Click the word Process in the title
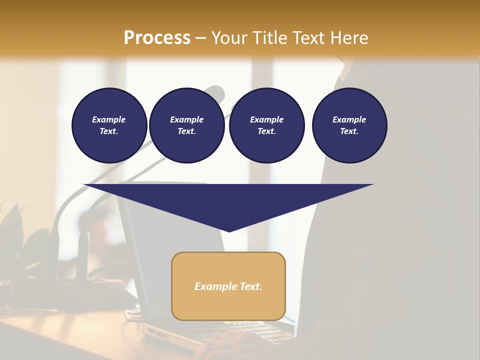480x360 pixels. click(x=157, y=38)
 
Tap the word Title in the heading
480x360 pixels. click(x=269, y=38)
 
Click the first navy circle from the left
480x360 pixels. click(x=109, y=125)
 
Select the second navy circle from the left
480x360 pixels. click(x=186, y=125)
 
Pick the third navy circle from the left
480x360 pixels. click(x=266, y=125)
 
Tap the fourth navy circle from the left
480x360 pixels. click(x=349, y=125)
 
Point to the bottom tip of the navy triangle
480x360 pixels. click(x=229, y=231)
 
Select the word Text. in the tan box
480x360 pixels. click(x=250, y=286)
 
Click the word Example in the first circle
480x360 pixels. click(x=109, y=119)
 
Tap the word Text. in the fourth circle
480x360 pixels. click(x=349, y=131)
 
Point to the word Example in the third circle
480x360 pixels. click(x=266, y=119)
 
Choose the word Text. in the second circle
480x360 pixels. click(x=186, y=131)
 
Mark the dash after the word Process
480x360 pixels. click(x=201, y=38)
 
